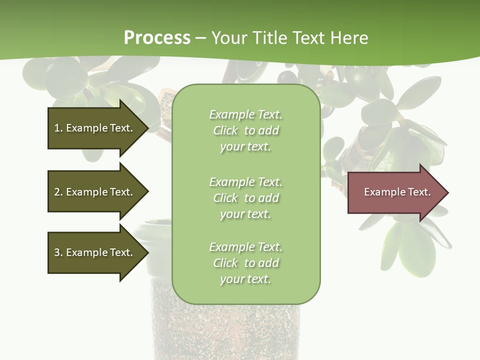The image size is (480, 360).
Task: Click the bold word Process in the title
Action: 157,38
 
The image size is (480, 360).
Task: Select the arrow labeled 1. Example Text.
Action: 95,128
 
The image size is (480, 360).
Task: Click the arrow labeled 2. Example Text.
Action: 95,192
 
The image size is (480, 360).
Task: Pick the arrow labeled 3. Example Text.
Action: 95,252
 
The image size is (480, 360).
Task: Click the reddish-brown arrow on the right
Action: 395,192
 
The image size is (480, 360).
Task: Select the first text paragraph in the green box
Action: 245,130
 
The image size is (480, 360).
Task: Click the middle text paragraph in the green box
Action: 245,198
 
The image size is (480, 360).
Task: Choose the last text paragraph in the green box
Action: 245,263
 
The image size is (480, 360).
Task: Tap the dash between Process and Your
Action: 201,38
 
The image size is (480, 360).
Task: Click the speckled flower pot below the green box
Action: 225,330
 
